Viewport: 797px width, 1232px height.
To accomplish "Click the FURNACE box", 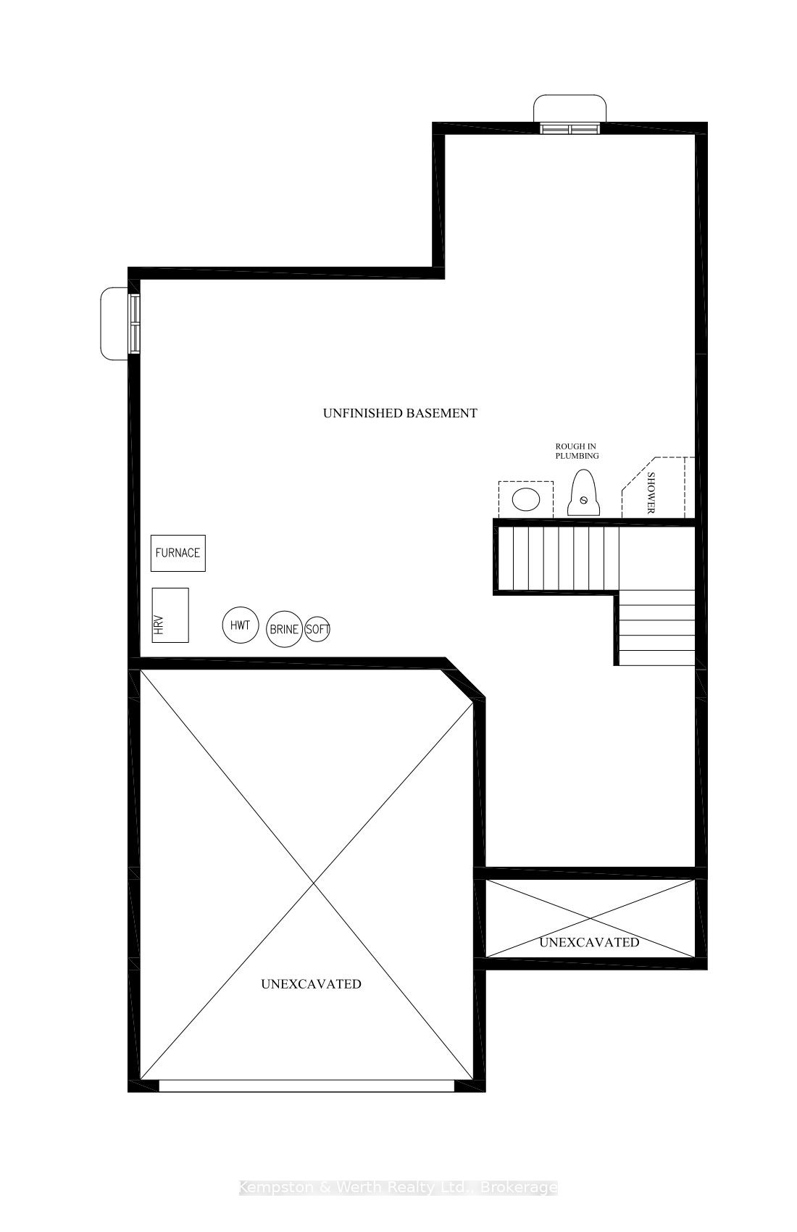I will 178,553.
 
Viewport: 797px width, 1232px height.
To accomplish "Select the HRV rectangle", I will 170,615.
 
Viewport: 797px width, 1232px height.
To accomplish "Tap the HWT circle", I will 240,625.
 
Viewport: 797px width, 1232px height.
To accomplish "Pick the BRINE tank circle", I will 284,629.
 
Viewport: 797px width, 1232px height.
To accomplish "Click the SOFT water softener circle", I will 317,629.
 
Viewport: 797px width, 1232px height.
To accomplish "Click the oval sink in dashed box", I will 525,499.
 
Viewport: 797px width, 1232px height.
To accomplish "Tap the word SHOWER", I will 651,493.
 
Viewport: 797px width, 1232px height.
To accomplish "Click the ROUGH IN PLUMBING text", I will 577,451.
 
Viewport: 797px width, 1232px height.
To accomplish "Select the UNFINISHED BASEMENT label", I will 400,413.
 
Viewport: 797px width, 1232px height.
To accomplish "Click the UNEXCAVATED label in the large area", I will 311,983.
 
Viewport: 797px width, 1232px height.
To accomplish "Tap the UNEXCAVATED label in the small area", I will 589,942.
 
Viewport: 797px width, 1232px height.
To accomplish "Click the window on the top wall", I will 570,129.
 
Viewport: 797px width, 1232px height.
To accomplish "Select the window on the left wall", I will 134,323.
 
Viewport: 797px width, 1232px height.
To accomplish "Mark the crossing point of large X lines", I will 313,883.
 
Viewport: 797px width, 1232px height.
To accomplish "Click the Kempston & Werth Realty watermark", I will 398,1188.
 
